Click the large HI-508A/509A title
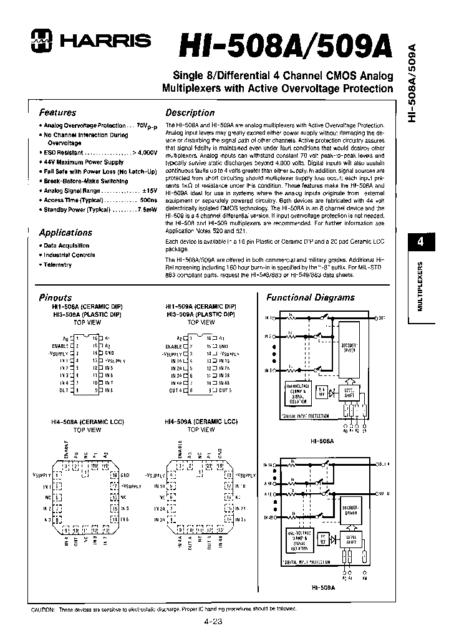coord(286,46)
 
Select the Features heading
coord(57,113)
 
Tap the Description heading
coord(190,113)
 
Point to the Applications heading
coord(65,233)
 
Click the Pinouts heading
coord(56,297)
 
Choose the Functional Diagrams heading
coord(311,297)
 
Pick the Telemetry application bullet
coord(57,265)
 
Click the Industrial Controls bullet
coord(69,255)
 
